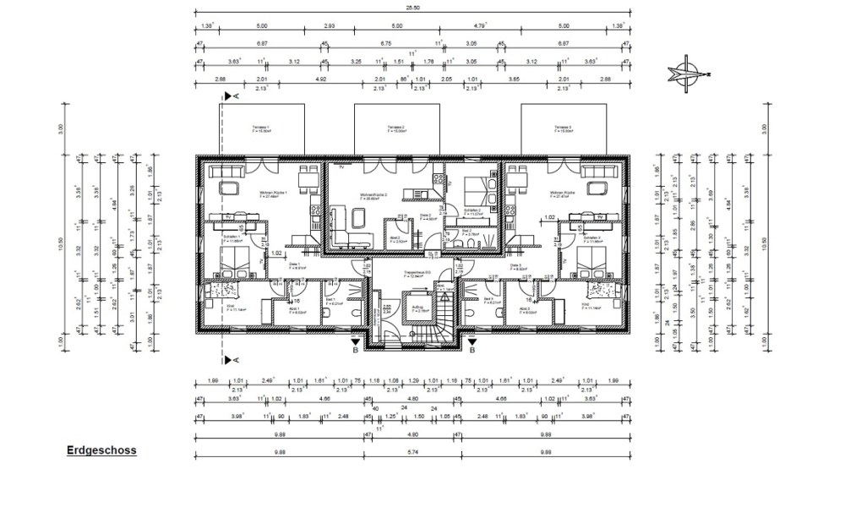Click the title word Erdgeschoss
click(x=101, y=451)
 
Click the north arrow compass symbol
click(x=686, y=72)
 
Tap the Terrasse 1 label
click(x=259, y=129)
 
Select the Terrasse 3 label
click(x=562, y=129)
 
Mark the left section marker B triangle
click(x=356, y=341)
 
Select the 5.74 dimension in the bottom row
click(x=413, y=453)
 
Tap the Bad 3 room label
click(x=488, y=300)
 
